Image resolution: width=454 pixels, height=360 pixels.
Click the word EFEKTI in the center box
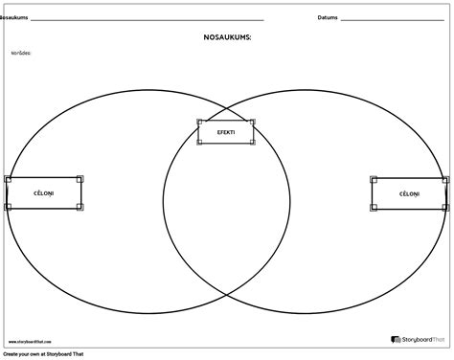pos(226,132)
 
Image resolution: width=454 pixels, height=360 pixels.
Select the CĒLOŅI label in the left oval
pos(43,192)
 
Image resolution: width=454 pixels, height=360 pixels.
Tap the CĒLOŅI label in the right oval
pos(409,193)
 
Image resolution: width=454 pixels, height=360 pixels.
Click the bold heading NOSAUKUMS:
pos(226,38)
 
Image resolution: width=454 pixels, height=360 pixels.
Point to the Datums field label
pos(327,17)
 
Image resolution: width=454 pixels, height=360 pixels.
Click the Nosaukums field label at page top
pos(16,17)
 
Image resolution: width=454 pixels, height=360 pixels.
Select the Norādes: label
pos(21,53)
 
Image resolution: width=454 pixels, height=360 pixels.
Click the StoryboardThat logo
pos(420,339)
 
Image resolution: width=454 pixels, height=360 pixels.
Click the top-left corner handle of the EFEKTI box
pos(199,122)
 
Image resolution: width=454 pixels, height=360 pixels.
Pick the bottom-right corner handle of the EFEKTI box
pos(253,144)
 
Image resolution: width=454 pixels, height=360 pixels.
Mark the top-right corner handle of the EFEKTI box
pos(253,122)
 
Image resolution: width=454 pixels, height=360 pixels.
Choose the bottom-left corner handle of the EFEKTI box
pos(199,144)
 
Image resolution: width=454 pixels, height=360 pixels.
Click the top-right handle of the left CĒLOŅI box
pos(79,178)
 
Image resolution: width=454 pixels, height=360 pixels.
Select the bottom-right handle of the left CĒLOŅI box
pos(79,207)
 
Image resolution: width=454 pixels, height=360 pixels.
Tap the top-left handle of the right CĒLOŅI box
pos(373,179)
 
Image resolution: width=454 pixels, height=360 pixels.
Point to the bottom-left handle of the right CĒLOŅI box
pos(373,208)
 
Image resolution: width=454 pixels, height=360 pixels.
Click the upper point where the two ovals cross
pos(227,107)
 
